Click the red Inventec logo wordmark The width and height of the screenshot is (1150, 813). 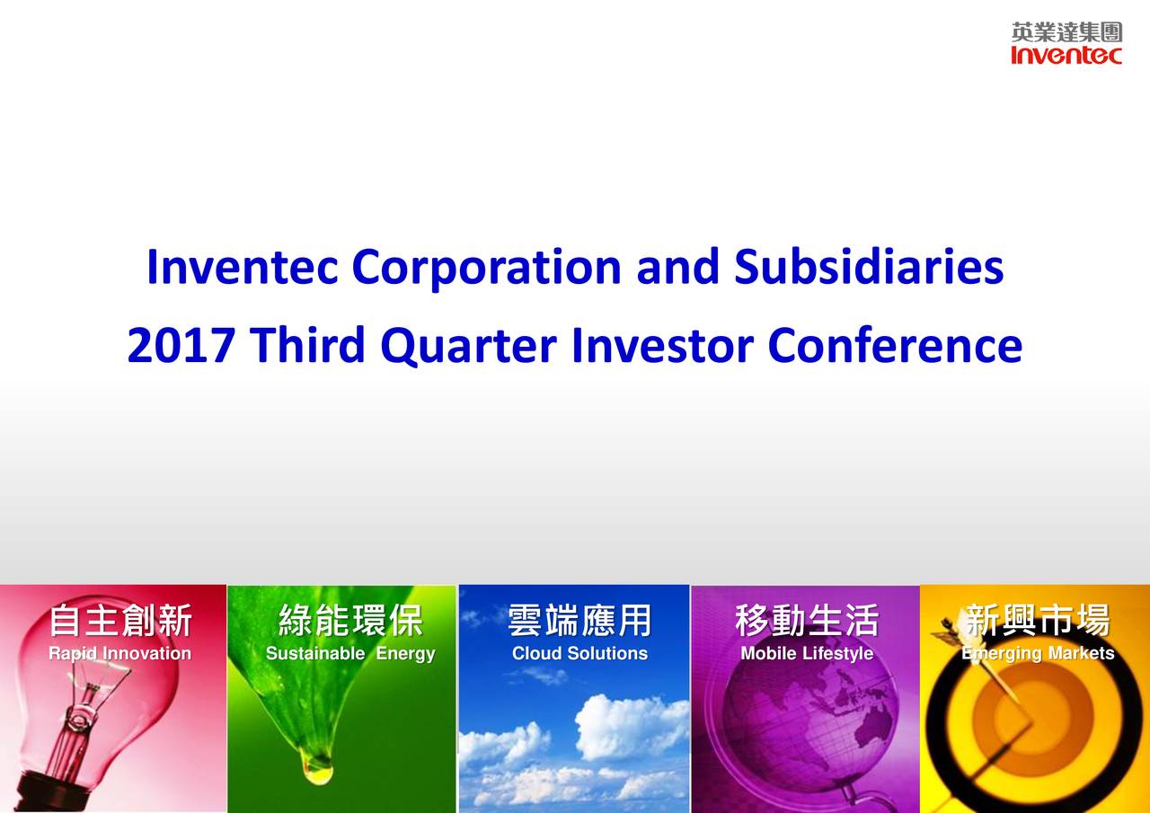pyautogui.click(x=1066, y=56)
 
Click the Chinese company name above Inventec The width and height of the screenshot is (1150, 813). pyautogui.click(x=1066, y=33)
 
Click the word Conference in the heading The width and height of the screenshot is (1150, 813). pyautogui.click(x=895, y=346)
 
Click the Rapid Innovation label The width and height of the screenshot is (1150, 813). pyautogui.click(x=119, y=654)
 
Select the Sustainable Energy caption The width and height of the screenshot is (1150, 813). pyautogui.click(x=350, y=654)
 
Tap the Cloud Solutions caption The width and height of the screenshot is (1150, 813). pyautogui.click(x=579, y=654)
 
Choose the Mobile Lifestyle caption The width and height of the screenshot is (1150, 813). pyautogui.click(x=806, y=654)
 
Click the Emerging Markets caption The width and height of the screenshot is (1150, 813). pyautogui.click(x=1038, y=654)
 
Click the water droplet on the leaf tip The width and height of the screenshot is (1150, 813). pyautogui.click(x=317, y=768)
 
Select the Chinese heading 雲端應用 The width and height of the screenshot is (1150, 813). pyautogui.click(x=579, y=620)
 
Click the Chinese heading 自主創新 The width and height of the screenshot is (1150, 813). pyautogui.click(x=119, y=620)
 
